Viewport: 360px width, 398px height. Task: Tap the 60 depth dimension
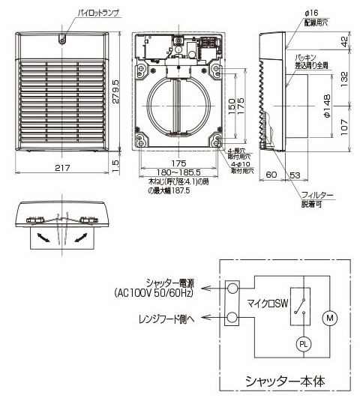point(271,175)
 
